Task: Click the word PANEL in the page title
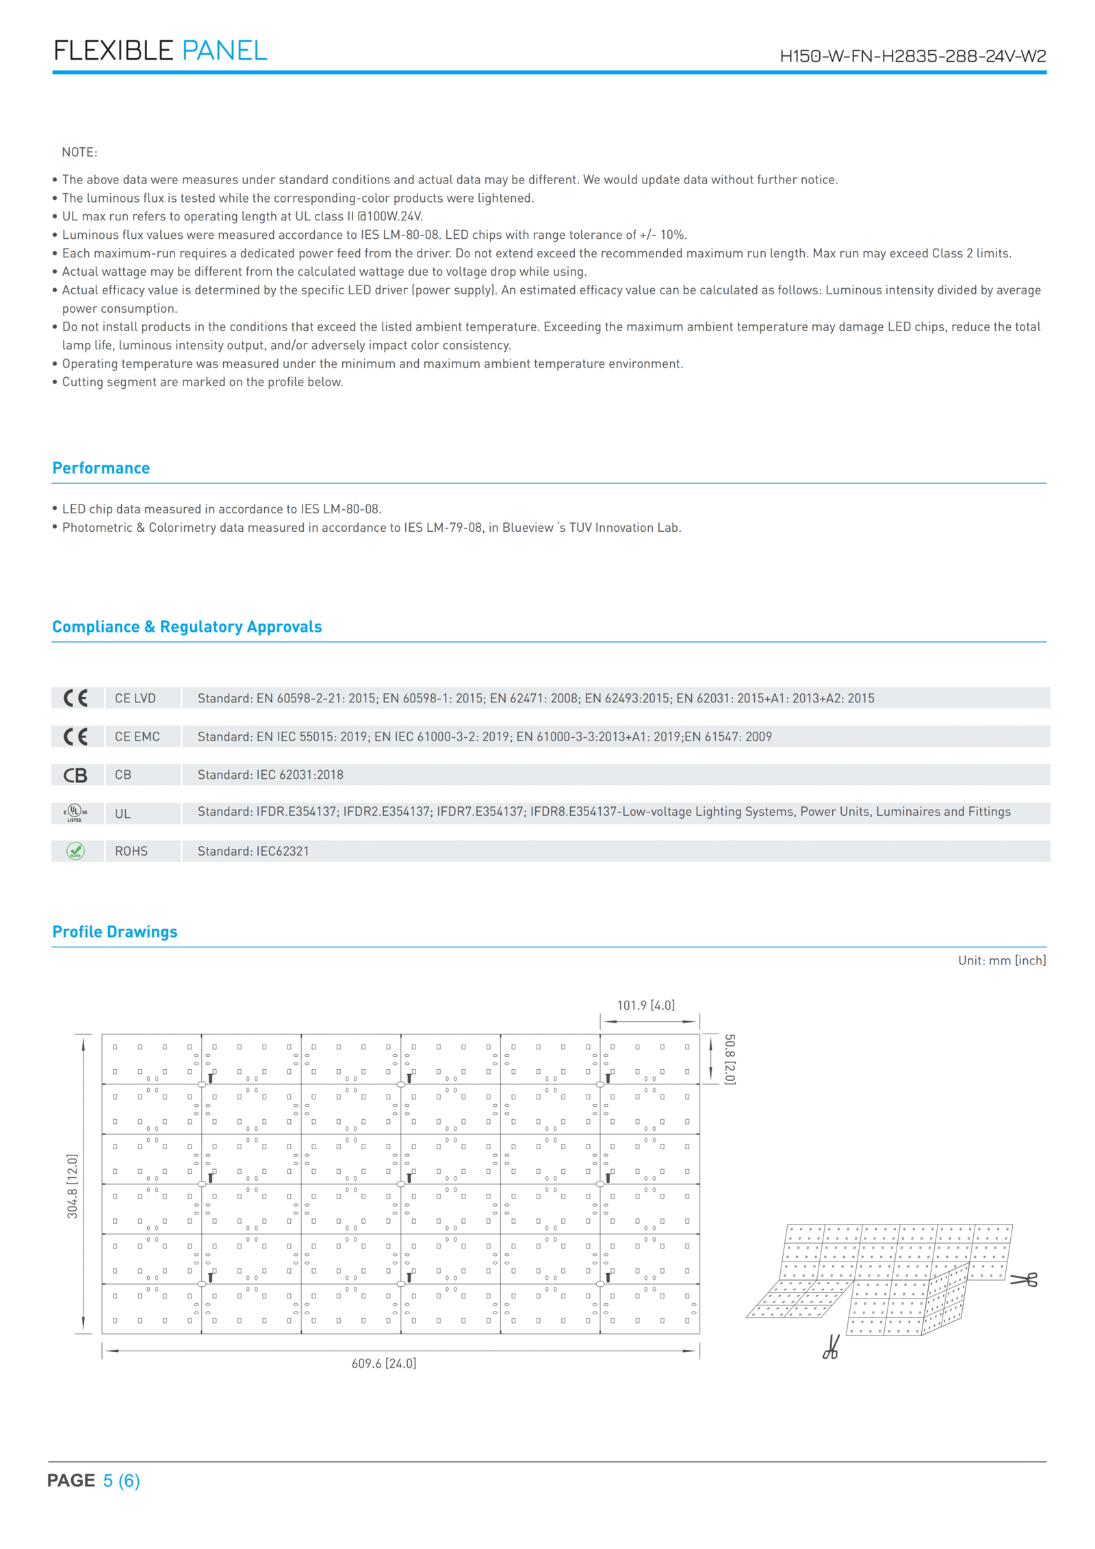(x=224, y=51)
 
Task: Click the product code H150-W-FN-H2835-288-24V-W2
(x=912, y=56)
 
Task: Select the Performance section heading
(x=101, y=468)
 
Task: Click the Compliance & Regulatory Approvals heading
(x=187, y=626)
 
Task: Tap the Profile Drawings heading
(x=115, y=931)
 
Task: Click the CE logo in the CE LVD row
(x=76, y=698)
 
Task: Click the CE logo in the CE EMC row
(x=76, y=737)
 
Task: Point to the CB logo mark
(x=76, y=775)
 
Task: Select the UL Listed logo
(x=75, y=813)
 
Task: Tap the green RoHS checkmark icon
(x=75, y=851)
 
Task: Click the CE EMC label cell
(x=138, y=737)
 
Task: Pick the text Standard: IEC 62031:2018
(x=270, y=775)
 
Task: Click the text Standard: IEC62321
(x=253, y=851)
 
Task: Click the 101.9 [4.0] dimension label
(x=645, y=1005)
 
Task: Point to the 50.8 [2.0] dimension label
(x=730, y=1058)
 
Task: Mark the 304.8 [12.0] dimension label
(x=73, y=1186)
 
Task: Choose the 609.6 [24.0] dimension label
(x=384, y=1363)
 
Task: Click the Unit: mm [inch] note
(x=1001, y=960)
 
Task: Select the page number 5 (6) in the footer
(x=121, y=1480)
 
